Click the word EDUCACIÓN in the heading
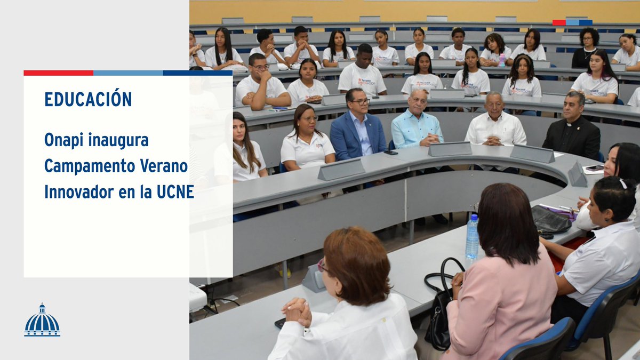pos(88,100)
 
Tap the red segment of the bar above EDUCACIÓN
pos(58,73)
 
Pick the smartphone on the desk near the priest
pos(594,168)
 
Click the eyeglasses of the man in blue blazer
pos(358,101)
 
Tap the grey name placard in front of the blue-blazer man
pos(341,170)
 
